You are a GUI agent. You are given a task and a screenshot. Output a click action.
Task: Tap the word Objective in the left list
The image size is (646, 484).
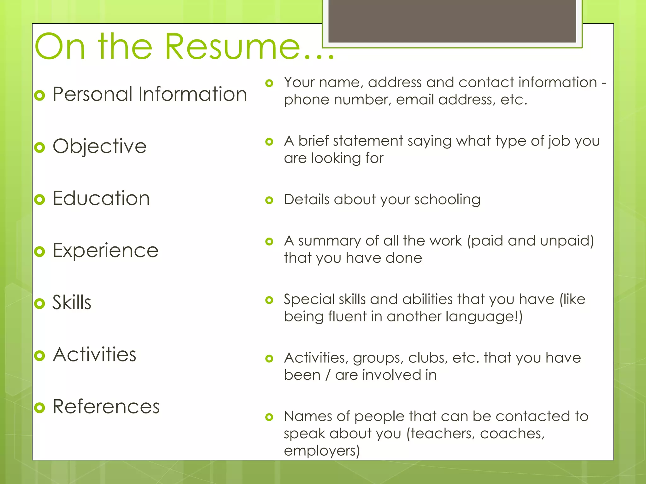pyautogui.click(x=99, y=146)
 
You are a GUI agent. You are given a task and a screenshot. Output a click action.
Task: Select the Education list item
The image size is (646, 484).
pyautogui.click(x=101, y=199)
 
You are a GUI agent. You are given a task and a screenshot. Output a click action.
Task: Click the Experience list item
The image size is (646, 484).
pyautogui.click(x=105, y=251)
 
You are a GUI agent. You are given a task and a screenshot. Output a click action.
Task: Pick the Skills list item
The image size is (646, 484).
pyautogui.click(x=72, y=302)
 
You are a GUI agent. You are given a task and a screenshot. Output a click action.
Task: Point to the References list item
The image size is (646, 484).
pyautogui.click(x=106, y=406)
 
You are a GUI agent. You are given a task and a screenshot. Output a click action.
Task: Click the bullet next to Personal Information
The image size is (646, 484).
pyautogui.click(x=40, y=95)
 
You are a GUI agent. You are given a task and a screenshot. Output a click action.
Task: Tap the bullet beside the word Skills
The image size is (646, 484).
pyautogui.click(x=40, y=303)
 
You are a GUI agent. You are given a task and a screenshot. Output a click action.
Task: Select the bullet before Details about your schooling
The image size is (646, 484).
pyautogui.click(x=269, y=200)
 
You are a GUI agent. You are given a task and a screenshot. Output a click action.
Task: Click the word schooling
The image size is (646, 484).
pyautogui.click(x=447, y=200)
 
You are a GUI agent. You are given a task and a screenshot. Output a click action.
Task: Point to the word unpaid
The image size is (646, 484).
pyautogui.click(x=567, y=241)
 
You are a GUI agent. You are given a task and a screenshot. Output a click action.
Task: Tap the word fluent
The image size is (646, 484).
pyautogui.click(x=347, y=316)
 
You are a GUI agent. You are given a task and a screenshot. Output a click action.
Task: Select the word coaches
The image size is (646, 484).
pyautogui.click(x=512, y=434)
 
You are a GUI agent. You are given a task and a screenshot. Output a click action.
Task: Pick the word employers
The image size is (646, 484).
pyautogui.click(x=321, y=451)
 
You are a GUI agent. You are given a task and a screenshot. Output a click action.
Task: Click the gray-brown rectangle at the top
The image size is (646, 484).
pyautogui.click(x=452, y=21)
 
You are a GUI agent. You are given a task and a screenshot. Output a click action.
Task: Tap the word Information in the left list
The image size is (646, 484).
pyautogui.click(x=192, y=94)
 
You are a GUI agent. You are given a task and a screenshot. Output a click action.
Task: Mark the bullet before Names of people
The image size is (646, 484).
pyautogui.click(x=269, y=417)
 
